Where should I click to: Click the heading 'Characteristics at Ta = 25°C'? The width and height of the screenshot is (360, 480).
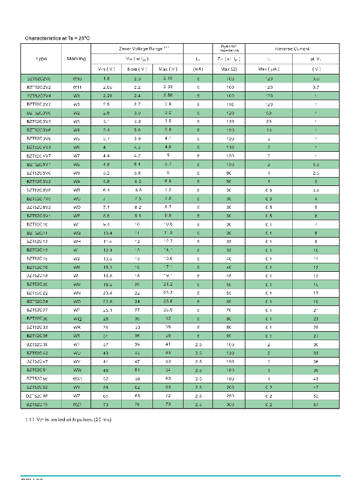58,38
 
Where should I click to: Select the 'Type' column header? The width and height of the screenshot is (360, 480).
41,58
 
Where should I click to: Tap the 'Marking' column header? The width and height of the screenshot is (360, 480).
77,58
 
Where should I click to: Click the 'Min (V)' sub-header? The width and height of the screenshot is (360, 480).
106,70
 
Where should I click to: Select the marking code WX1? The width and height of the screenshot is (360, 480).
77,380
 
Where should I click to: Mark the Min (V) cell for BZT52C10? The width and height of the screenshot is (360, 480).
106,224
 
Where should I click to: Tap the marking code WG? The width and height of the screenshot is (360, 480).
77,232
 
